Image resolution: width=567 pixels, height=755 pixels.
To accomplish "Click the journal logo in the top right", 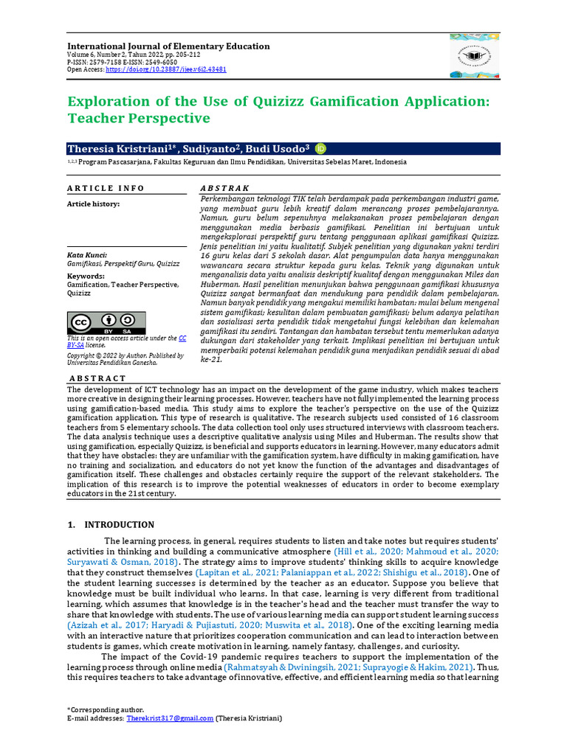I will click(x=474, y=55).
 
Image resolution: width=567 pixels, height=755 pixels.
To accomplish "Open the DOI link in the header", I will click(x=166, y=69).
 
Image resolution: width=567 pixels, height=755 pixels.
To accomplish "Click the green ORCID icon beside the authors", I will click(x=320, y=148).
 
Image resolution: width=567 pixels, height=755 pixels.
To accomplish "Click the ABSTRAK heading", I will click(x=225, y=188).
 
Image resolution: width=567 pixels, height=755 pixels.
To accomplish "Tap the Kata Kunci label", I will click(x=86, y=255).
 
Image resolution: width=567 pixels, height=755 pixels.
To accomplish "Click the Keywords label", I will click(x=85, y=276).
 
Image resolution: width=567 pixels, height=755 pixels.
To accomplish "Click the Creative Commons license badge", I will click(x=106, y=322).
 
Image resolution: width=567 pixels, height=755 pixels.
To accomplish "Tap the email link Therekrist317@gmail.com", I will click(x=170, y=717).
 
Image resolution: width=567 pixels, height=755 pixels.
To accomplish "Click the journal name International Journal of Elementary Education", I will click(x=168, y=46).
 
